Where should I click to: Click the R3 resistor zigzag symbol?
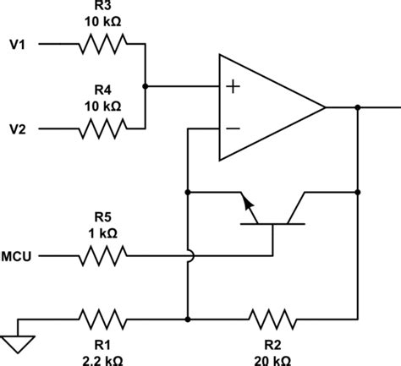point(102,43)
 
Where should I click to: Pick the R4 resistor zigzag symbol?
point(102,129)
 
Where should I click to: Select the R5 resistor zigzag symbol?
point(104,253)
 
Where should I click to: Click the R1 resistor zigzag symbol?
point(103,320)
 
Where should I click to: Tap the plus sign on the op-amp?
point(233,86)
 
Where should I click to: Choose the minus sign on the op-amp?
point(233,129)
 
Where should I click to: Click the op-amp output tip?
point(325,107)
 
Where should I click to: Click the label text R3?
point(102,7)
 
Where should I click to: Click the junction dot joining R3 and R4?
point(146,86)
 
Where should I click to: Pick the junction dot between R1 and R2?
point(187,320)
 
